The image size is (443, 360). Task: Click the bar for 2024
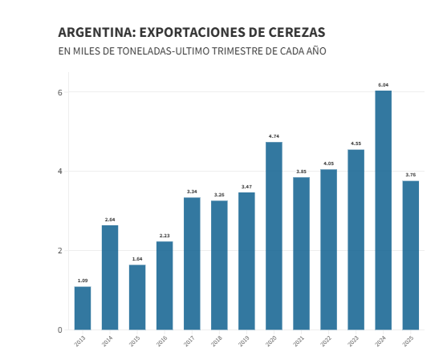pos(383,210)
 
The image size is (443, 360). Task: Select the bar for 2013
pos(83,308)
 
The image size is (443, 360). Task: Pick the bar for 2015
pos(137,297)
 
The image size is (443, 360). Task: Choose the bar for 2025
pos(410,255)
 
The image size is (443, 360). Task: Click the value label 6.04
pos(383,85)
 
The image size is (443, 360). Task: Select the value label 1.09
pos(83,281)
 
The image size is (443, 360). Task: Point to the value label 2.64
pos(110,220)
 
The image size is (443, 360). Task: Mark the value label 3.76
pos(410,175)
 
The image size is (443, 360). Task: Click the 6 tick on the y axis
pos(59,92)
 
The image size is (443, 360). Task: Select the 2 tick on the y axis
pos(59,250)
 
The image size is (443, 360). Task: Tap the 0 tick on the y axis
pos(59,330)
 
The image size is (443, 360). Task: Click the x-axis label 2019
pos(244,342)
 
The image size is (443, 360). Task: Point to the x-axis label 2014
pos(108,342)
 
